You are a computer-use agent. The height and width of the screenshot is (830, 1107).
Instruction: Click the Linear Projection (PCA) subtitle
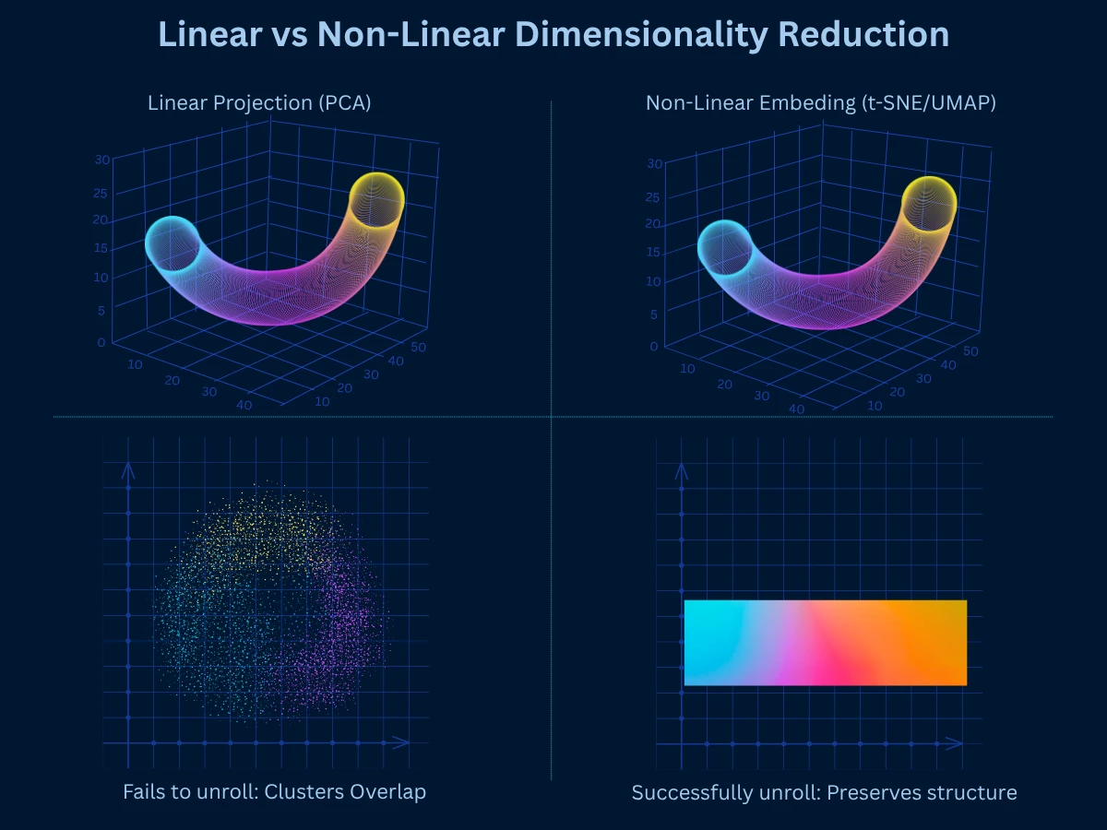coord(259,103)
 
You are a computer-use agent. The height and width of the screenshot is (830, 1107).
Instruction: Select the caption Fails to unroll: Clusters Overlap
coord(274,792)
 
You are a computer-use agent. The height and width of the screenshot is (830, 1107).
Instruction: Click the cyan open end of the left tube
coord(173,244)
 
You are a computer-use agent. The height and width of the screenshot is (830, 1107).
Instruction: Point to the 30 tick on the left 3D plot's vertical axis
coord(102,160)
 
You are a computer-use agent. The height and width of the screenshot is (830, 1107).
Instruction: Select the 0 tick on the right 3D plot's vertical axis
coord(653,347)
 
